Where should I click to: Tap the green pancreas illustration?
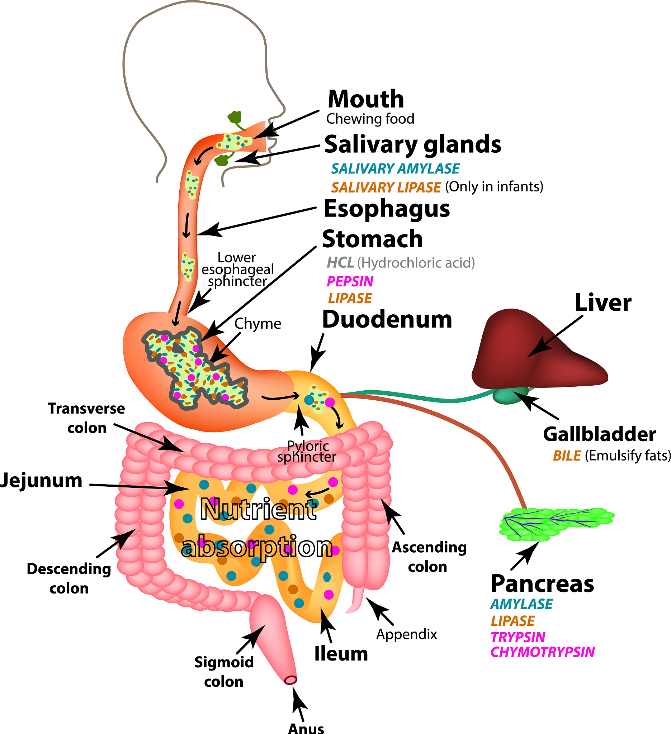pyautogui.click(x=554, y=524)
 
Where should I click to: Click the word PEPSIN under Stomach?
pyautogui.click(x=350, y=281)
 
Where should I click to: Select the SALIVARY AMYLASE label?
pyautogui.click(x=395, y=168)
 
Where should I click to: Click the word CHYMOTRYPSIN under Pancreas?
pyautogui.click(x=542, y=652)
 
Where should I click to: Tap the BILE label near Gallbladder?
pyautogui.click(x=567, y=456)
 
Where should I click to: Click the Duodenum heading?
pyautogui.click(x=387, y=320)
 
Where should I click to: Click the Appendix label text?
pyautogui.click(x=407, y=634)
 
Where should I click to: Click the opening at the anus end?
pyautogui.click(x=290, y=680)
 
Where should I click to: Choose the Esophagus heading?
pyautogui.click(x=387, y=209)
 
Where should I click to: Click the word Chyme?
pyautogui.click(x=257, y=324)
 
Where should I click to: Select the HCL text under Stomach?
pyautogui.click(x=340, y=262)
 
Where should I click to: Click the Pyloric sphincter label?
pyautogui.click(x=307, y=452)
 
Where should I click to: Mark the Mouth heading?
pyautogui.click(x=366, y=99)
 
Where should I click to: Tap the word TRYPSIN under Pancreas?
pyautogui.click(x=518, y=637)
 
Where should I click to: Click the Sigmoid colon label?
pyautogui.click(x=224, y=672)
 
